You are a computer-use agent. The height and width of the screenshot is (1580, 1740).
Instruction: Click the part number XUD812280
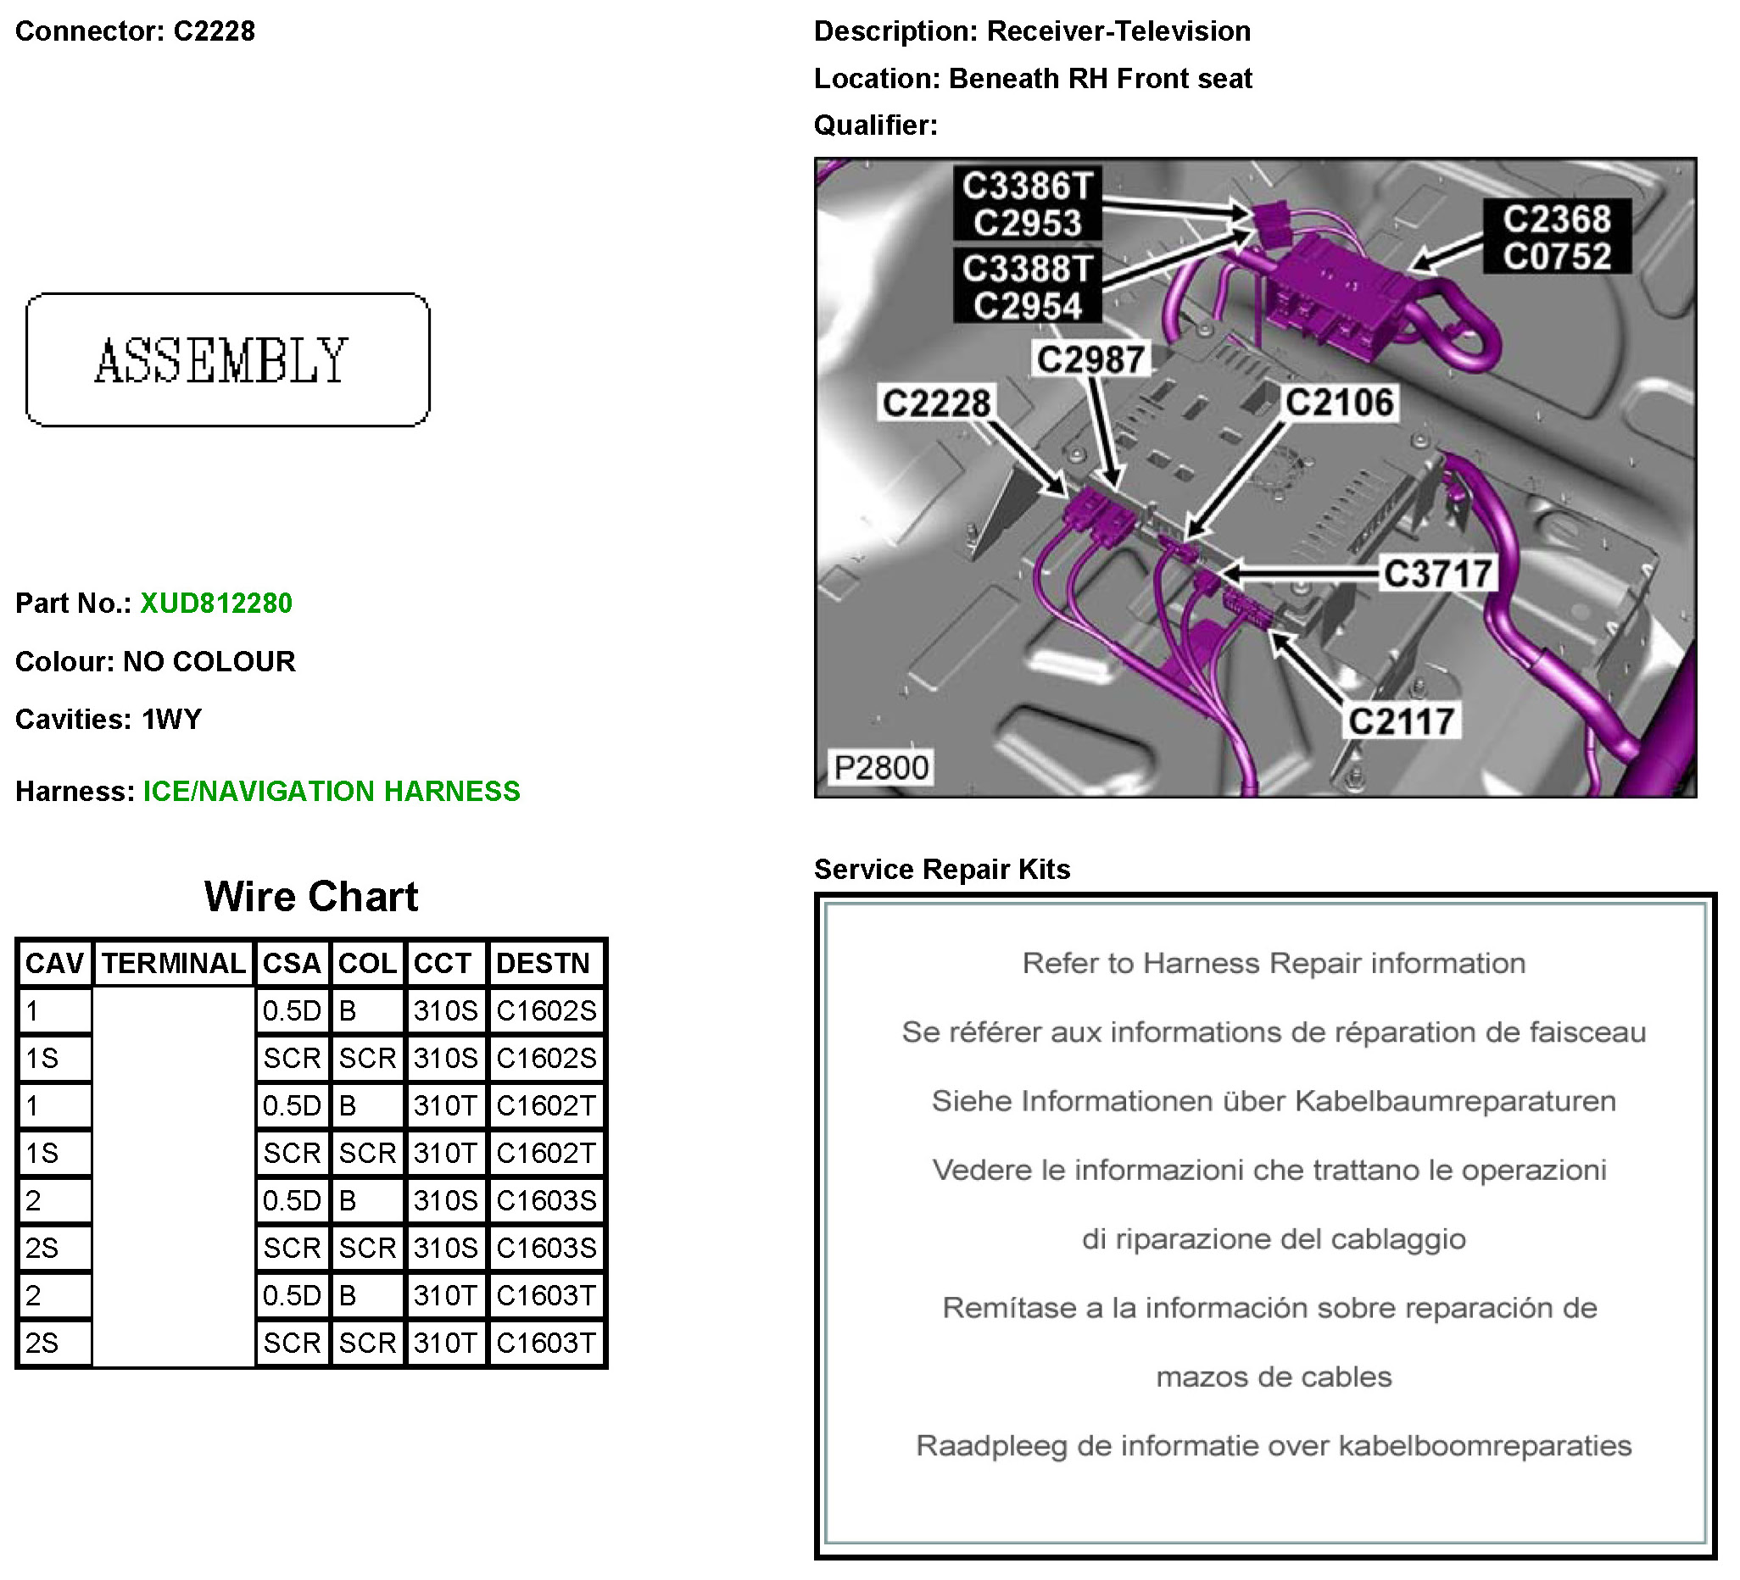point(215,604)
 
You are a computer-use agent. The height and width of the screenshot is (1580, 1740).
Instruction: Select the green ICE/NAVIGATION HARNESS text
point(332,792)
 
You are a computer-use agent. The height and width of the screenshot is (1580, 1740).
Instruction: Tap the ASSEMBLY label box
point(228,360)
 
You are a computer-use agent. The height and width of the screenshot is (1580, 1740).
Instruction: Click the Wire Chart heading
point(310,897)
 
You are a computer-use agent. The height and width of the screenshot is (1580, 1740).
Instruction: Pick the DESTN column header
point(543,963)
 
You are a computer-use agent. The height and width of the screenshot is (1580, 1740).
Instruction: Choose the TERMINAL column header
point(174,963)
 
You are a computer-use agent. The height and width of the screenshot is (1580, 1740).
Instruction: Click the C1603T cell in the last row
point(546,1343)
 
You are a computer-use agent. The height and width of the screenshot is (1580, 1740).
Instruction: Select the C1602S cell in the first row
point(546,1010)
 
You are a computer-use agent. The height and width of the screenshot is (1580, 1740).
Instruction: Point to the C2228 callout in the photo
point(936,403)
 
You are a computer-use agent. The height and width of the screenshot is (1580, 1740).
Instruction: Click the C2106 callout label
point(1340,402)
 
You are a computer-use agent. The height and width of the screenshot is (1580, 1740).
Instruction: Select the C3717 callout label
point(1438,573)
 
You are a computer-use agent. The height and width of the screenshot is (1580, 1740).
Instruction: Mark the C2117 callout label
point(1402,721)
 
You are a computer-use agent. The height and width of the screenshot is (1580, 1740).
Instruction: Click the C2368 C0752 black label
point(1556,237)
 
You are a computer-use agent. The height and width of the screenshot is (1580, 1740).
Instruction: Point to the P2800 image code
point(881,767)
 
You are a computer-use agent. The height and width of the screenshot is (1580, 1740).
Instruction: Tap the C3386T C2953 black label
point(1027,204)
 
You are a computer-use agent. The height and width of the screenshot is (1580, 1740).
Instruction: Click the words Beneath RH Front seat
point(1101,79)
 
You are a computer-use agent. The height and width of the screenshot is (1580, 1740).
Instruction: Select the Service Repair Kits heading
point(941,869)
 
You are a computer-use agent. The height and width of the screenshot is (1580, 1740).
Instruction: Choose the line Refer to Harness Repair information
point(1274,963)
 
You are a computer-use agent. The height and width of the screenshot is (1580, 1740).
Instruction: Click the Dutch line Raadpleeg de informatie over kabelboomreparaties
point(1274,1445)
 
